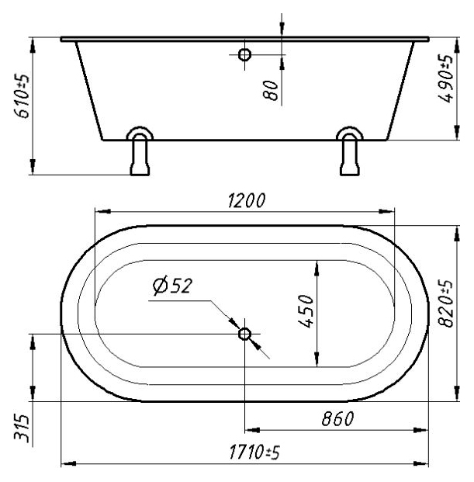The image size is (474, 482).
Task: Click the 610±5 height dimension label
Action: tap(22, 96)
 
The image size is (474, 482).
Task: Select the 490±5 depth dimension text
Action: tap(446, 78)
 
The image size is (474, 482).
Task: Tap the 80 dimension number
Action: tap(271, 91)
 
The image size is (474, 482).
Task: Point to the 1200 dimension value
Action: tap(247, 201)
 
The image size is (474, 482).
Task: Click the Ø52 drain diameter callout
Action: tap(172, 286)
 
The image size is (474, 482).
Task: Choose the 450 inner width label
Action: tap(306, 311)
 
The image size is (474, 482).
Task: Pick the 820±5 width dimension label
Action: tap(446, 303)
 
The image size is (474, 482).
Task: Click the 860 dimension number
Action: tap(338, 418)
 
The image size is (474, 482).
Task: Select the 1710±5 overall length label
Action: tap(254, 453)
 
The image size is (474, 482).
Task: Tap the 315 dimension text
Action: tap(22, 428)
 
